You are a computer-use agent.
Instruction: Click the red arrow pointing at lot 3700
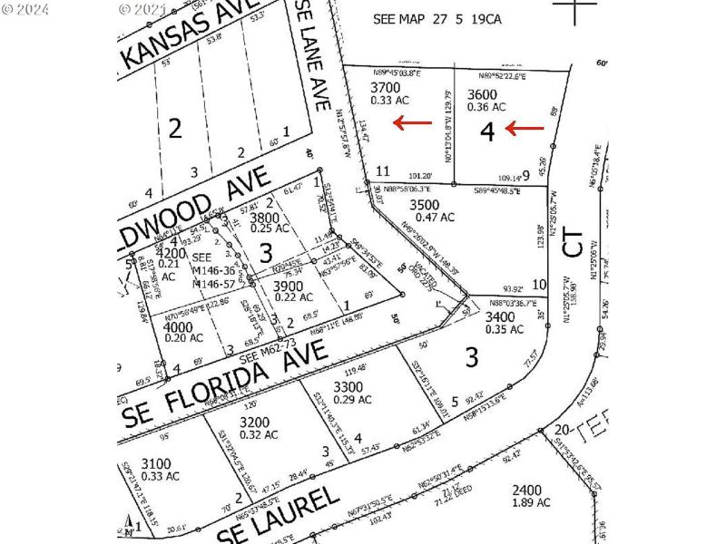coord(412,122)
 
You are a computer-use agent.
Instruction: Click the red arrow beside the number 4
coord(525,129)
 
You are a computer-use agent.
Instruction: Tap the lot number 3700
coord(385,87)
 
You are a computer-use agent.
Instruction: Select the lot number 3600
coord(482,93)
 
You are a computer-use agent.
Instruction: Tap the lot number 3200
coord(255,422)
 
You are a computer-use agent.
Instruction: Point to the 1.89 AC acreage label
coord(531,501)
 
